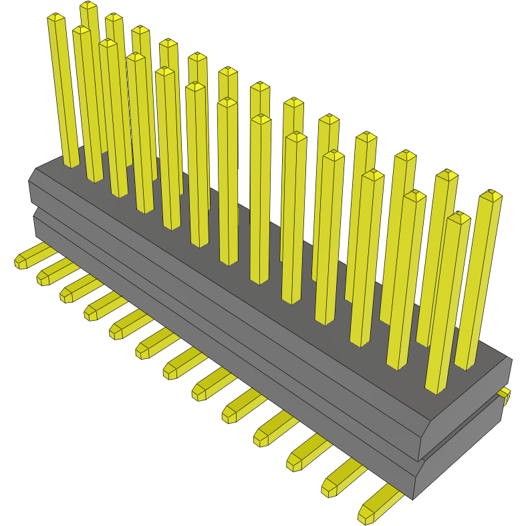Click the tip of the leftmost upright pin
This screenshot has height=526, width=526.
55,17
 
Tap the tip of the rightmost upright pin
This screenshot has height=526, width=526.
491,194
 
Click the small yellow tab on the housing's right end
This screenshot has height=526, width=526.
505,394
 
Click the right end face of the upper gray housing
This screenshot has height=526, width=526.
468,414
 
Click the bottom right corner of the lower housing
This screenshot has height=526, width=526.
415,498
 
